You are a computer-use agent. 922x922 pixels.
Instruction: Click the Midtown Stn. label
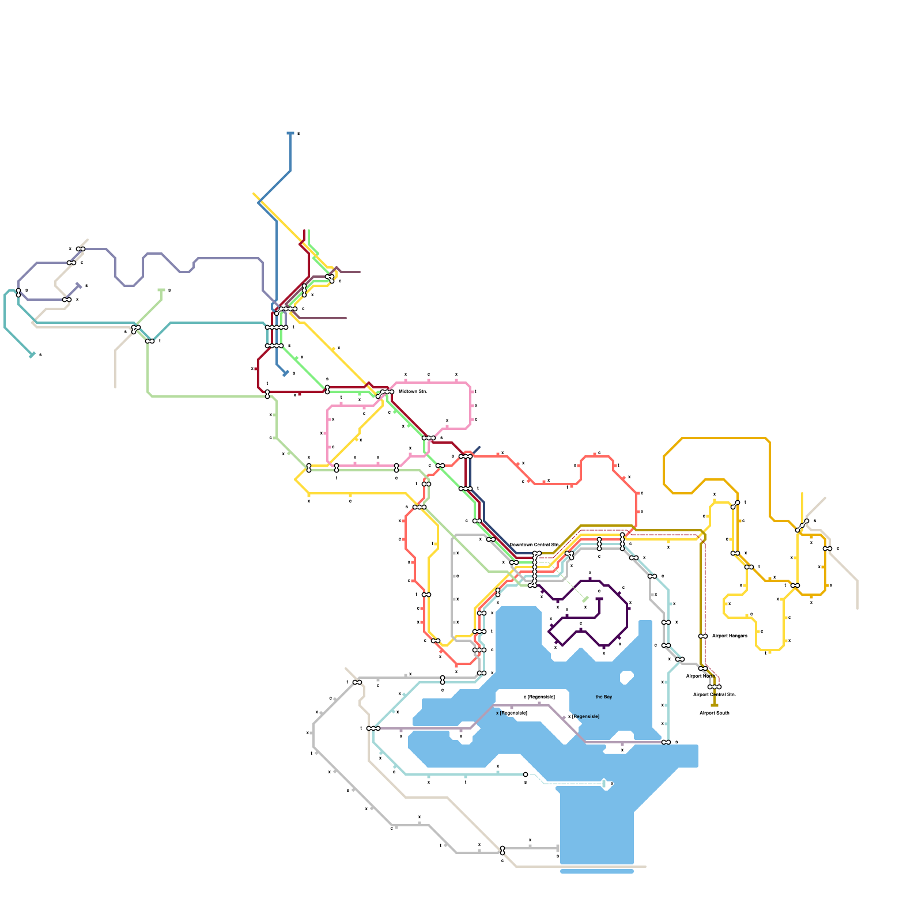tap(413, 391)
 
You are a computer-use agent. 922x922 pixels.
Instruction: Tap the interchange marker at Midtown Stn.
tap(385, 393)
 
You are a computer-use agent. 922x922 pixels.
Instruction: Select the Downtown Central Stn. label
tap(534, 545)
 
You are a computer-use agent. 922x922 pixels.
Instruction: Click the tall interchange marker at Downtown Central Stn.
tap(535, 569)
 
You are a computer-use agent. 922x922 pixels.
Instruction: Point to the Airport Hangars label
tap(729, 636)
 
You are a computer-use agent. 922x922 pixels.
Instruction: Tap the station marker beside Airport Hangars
tap(703, 636)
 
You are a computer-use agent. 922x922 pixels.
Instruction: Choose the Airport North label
tap(700, 676)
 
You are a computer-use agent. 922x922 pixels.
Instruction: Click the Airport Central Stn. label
tap(714, 694)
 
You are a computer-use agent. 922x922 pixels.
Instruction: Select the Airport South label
tap(714, 713)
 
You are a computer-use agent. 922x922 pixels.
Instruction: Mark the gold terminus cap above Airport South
tap(715, 705)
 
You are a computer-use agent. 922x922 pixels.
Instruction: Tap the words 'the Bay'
tap(603, 697)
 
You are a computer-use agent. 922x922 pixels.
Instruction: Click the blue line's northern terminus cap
tap(290, 133)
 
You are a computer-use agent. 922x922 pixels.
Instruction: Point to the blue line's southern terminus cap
tap(286, 373)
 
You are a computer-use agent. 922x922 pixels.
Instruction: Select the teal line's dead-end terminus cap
tap(32, 355)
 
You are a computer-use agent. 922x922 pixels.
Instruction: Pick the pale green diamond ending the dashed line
tap(585, 599)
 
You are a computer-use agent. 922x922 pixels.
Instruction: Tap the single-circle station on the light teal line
tap(526, 774)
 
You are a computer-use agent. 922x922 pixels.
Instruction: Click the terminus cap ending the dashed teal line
tap(604, 784)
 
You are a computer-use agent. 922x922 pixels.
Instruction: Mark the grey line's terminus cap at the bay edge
tap(558, 848)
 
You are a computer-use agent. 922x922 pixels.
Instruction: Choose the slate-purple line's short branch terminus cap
tap(79, 285)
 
